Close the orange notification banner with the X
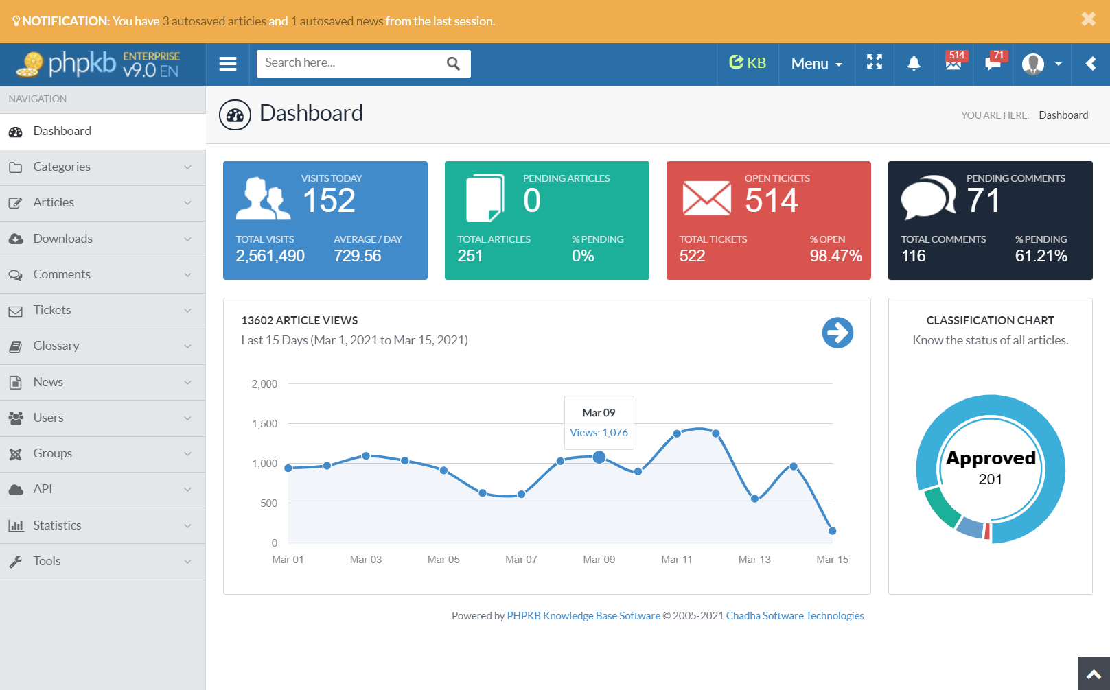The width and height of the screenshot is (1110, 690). pyautogui.click(x=1088, y=19)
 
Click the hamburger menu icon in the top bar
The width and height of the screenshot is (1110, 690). pyautogui.click(x=228, y=64)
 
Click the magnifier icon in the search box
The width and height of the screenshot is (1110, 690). pyautogui.click(x=453, y=64)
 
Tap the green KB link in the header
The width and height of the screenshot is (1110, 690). pyautogui.click(x=748, y=63)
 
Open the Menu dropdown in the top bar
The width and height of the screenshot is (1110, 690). pyautogui.click(x=816, y=64)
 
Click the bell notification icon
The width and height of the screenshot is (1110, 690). pyautogui.click(x=914, y=64)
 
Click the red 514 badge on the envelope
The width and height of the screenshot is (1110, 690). pyautogui.click(x=957, y=56)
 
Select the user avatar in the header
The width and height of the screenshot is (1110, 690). pyautogui.click(x=1032, y=64)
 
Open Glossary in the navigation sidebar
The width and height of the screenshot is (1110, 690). pyautogui.click(x=56, y=346)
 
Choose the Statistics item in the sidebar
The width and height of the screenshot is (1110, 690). pyautogui.click(x=57, y=525)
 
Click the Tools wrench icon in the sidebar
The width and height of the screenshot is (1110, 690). pyautogui.click(x=16, y=562)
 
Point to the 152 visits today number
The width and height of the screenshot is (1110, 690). pyautogui.click(x=329, y=200)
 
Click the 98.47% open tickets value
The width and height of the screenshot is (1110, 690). pyautogui.click(x=835, y=256)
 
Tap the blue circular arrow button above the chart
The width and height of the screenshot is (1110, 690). pyautogui.click(x=837, y=333)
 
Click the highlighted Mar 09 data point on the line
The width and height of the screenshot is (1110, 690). pyautogui.click(x=599, y=457)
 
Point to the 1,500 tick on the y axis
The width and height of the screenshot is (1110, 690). pyautogui.click(x=264, y=424)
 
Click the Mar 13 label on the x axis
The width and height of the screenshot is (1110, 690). pyautogui.click(x=754, y=560)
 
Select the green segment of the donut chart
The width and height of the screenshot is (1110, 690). pyautogui.click(x=940, y=508)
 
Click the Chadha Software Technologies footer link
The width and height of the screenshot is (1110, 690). pyautogui.click(x=795, y=616)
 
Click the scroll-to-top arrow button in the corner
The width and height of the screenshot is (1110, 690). pyautogui.click(x=1094, y=674)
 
